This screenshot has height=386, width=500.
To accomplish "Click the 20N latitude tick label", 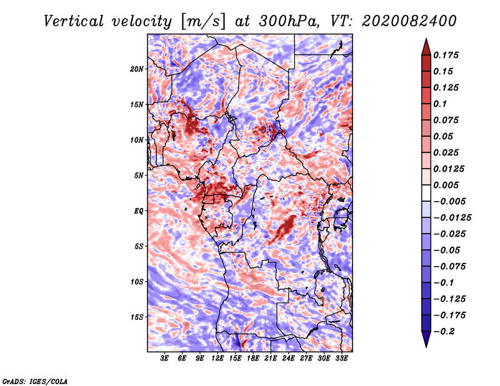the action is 137,69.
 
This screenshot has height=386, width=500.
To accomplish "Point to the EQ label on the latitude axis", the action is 139,211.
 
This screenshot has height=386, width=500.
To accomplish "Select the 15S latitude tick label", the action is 137,317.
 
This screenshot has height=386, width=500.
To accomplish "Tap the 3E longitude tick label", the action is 164,359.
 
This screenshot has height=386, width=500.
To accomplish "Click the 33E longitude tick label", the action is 341,359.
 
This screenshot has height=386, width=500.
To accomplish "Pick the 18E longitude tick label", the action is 253,359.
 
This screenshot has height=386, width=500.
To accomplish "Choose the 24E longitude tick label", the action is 288,359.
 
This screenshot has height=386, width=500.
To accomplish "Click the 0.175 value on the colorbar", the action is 446,55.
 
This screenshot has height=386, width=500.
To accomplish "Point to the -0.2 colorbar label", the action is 444,332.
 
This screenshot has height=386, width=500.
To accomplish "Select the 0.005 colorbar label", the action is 446,185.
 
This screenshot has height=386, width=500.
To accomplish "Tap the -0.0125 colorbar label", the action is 452,218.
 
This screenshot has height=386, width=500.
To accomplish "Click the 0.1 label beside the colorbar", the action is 440,104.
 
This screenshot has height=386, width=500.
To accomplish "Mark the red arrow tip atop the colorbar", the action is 426,39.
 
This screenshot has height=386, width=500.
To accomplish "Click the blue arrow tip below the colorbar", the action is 426,347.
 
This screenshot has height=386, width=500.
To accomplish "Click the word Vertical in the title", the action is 74,21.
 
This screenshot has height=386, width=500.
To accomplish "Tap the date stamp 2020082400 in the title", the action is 409,21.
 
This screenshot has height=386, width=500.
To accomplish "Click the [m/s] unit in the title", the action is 203,22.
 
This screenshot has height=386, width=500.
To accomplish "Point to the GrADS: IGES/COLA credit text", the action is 35,381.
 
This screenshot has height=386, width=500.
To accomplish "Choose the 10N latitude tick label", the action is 137,141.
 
